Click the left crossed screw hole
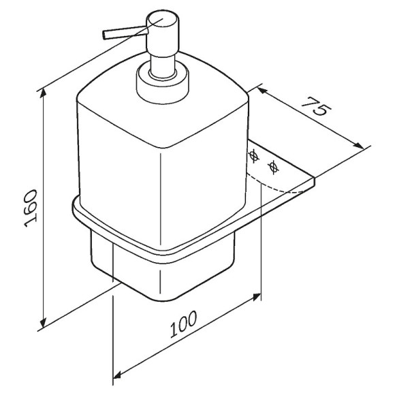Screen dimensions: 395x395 273,157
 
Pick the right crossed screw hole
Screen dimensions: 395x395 292,165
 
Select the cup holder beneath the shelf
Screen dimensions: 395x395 157,272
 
